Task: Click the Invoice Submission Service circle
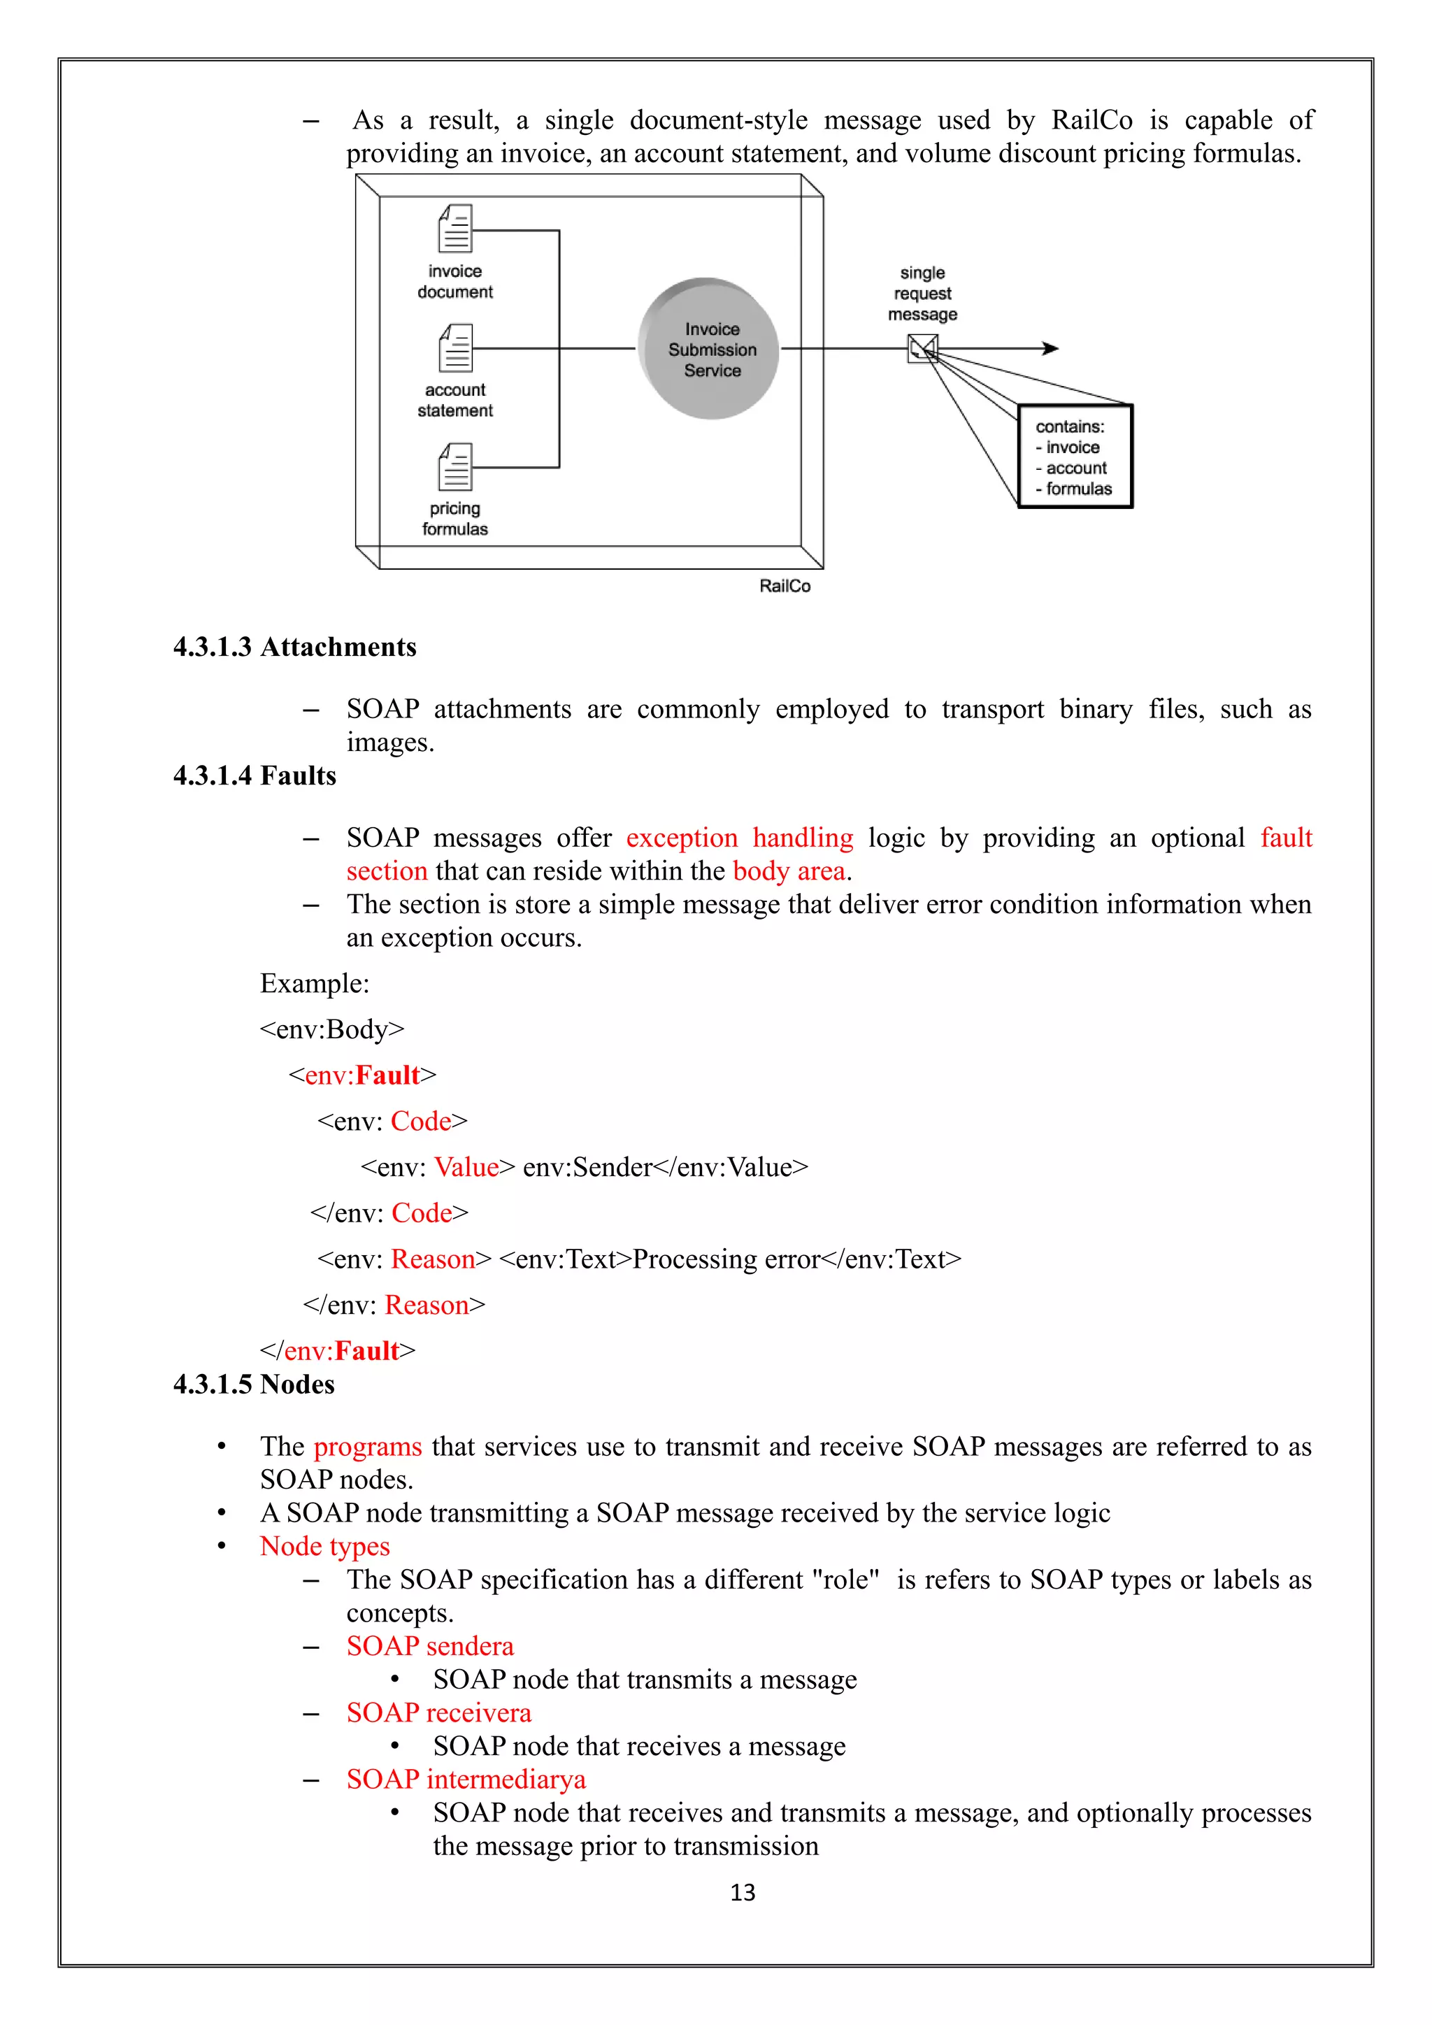[x=709, y=349]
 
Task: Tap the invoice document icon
[x=456, y=229]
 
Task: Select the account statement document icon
[x=456, y=348]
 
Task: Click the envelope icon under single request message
[x=922, y=349]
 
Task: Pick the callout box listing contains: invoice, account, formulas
[x=1075, y=457]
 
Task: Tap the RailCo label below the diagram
[x=785, y=587]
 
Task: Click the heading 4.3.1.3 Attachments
[x=294, y=647]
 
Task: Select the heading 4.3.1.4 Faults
[x=255, y=776]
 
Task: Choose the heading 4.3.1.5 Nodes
[x=254, y=1384]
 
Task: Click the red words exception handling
[x=739, y=838]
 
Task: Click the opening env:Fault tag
[x=362, y=1075]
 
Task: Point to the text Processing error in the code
[x=726, y=1259]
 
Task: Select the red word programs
[x=368, y=1447]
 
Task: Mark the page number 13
[x=743, y=1893]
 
